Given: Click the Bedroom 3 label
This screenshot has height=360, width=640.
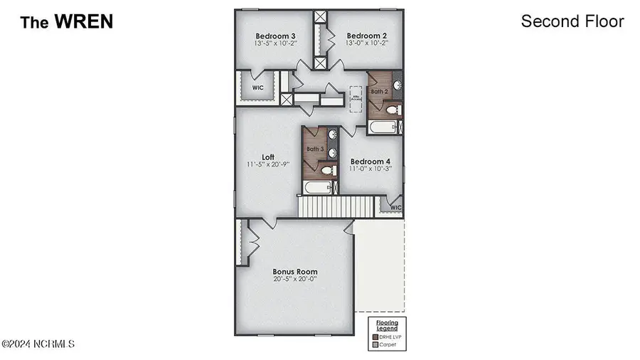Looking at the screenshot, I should (x=275, y=35).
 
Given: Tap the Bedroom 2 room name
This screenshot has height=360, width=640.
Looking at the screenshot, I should (x=366, y=35).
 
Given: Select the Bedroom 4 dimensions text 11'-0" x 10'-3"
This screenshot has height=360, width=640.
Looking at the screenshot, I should (x=370, y=169).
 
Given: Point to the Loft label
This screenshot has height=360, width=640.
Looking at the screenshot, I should (x=268, y=157).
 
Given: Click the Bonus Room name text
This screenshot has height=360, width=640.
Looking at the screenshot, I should (x=295, y=271).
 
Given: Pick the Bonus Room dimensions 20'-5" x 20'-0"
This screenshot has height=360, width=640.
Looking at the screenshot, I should (x=295, y=280).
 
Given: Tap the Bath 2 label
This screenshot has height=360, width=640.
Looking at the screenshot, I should (x=379, y=92).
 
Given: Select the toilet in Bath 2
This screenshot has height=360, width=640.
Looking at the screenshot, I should (x=392, y=110).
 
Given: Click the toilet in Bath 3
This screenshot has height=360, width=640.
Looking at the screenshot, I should (x=327, y=170).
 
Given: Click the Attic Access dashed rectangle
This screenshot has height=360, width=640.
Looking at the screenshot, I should (x=356, y=98).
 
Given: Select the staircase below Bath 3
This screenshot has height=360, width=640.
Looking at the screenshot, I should (x=335, y=207).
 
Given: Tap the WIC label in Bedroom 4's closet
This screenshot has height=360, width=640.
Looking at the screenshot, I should (x=395, y=208).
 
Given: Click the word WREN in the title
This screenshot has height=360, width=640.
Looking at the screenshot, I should (x=84, y=22).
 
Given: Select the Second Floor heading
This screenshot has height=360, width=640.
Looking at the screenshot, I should (x=572, y=21).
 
